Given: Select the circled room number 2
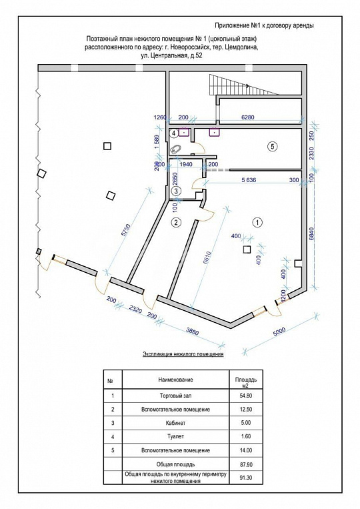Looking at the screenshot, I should [x=176, y=221].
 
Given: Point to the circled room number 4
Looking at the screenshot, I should [x=175, y=133].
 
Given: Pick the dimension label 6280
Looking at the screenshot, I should [x=249, y=118].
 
